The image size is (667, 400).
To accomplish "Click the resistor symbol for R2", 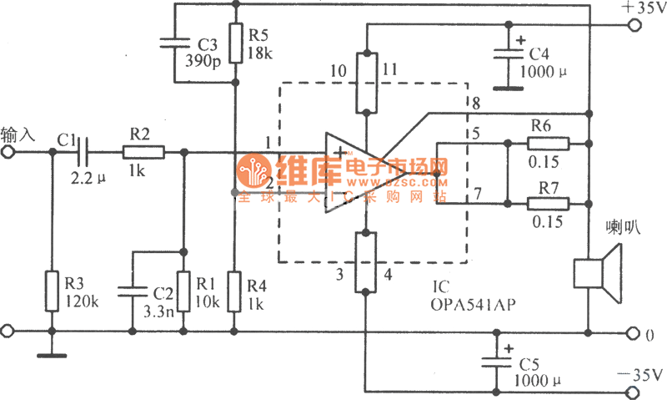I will point(143,152).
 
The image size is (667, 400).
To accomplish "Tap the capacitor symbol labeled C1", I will point(78,152).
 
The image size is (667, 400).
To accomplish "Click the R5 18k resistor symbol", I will point(237,42).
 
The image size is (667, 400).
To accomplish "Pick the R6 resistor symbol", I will point(547,143).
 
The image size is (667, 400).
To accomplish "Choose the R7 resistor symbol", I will point(547,203).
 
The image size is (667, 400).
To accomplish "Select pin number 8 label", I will point(475,104).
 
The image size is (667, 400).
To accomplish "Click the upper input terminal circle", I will point(8,152).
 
